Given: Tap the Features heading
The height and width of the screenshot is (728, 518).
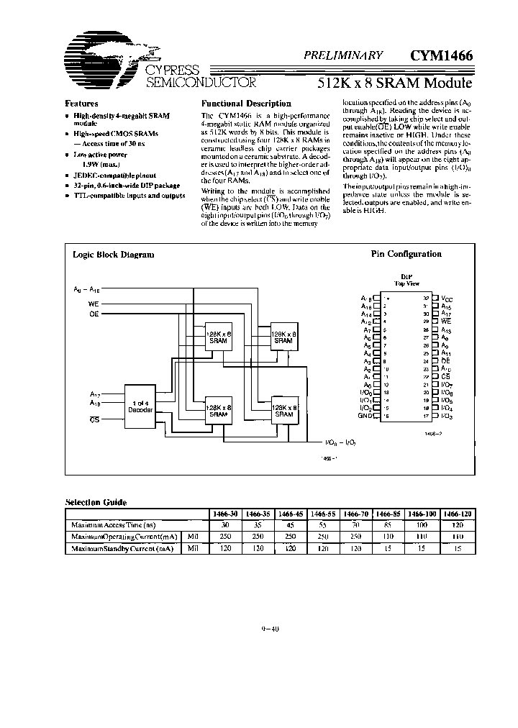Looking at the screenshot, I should click(x=81, y=104).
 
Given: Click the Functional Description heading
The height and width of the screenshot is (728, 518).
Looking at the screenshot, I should click(x=245, y=104).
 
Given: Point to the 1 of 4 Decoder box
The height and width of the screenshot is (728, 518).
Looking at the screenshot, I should click(x=140, y=404).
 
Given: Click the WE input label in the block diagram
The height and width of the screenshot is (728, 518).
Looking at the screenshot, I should click(x=94, y=304).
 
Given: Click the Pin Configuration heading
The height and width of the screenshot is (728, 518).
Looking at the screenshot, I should click(x=406, y=254).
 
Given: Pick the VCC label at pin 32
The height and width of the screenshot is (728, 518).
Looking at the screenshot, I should click(x=447, y=299).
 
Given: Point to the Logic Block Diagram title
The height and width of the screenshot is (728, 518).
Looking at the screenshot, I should click(x=113, y=254).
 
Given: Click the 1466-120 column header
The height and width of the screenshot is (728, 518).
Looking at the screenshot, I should click(x=460, y=514).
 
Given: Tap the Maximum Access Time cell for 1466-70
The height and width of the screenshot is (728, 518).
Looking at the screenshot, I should click(x=359, y=526).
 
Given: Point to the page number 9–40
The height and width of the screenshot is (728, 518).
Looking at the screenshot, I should click(x=270, y=629).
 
